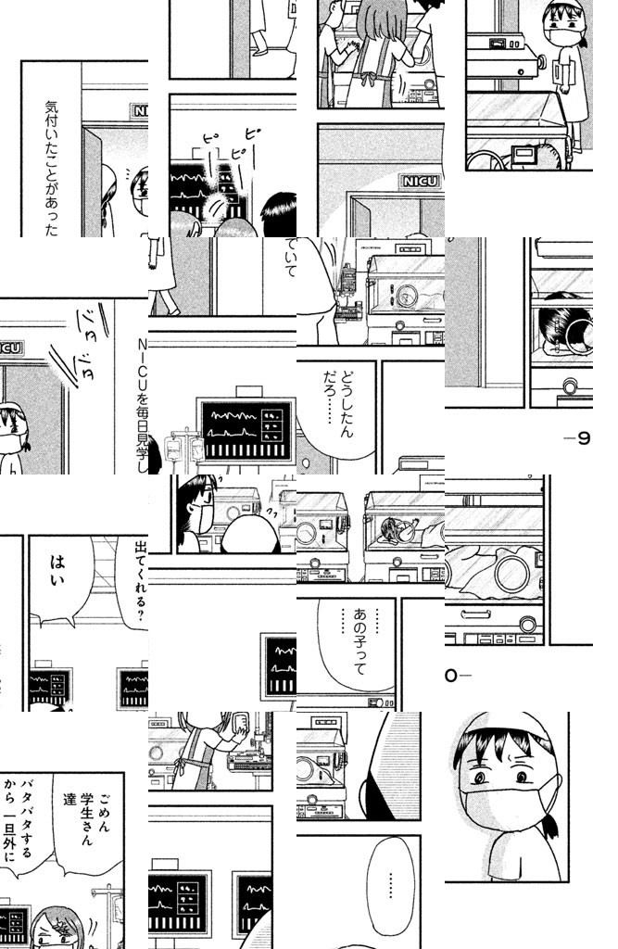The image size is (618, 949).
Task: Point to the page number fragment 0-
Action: pos(458,676)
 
